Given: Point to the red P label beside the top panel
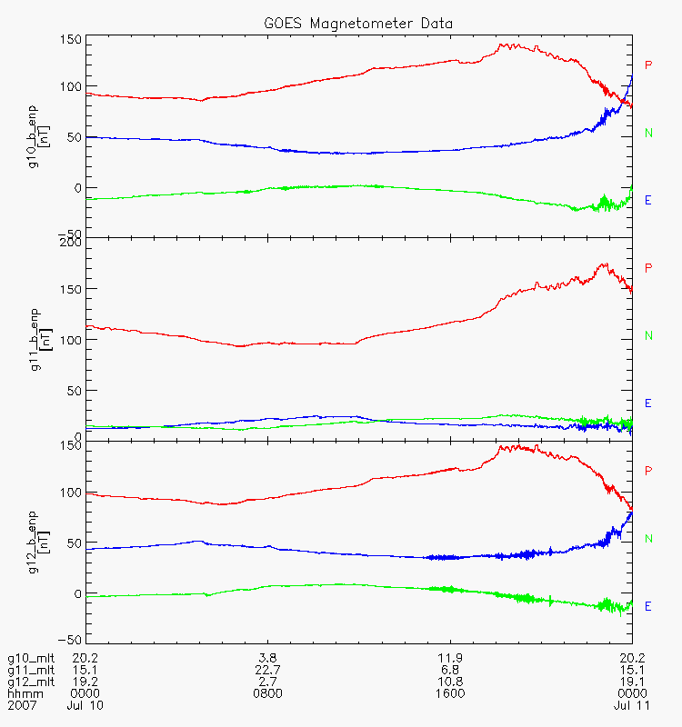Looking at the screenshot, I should (x=648, y=65).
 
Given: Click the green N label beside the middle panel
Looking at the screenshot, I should (x=648, y=335).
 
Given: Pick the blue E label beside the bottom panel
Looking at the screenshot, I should (x=648, y=606).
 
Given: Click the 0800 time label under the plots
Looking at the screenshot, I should (x=267, y=693).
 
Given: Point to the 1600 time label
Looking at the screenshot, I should (x=451, y=693).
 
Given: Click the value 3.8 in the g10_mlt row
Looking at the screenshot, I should (x=267, y=658).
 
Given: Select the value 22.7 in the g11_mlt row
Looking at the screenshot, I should (x=267, y=670).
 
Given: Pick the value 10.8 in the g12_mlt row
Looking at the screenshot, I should (x=451, y=682).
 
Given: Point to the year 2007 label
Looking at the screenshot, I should (x=21, y=705).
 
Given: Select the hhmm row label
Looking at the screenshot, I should (x=21, y=693).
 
